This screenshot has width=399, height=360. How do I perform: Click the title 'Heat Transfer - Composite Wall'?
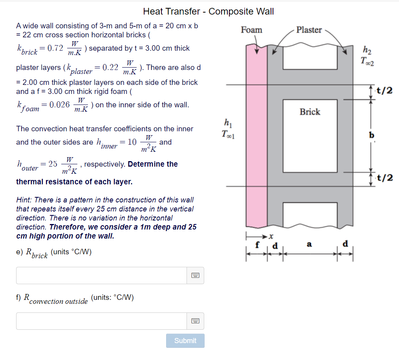208,11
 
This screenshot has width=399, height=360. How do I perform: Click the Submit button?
185,341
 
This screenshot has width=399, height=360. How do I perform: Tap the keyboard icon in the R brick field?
195,276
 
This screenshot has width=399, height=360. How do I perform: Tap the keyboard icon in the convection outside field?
195,321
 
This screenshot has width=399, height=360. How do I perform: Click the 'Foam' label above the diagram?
251,30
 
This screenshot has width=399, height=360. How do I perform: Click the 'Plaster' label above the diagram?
309,30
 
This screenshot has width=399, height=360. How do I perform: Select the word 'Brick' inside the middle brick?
310,112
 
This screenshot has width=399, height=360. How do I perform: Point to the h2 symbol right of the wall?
366,50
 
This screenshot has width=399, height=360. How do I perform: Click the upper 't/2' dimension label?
384,91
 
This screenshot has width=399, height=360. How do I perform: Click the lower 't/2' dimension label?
384,178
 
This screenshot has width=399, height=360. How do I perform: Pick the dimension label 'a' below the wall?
309,245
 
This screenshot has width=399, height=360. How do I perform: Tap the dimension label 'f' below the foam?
257,245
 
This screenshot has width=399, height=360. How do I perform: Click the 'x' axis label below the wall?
271,236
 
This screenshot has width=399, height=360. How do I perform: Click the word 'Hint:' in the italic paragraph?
24,200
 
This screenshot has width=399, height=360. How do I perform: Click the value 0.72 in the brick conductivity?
55,48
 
